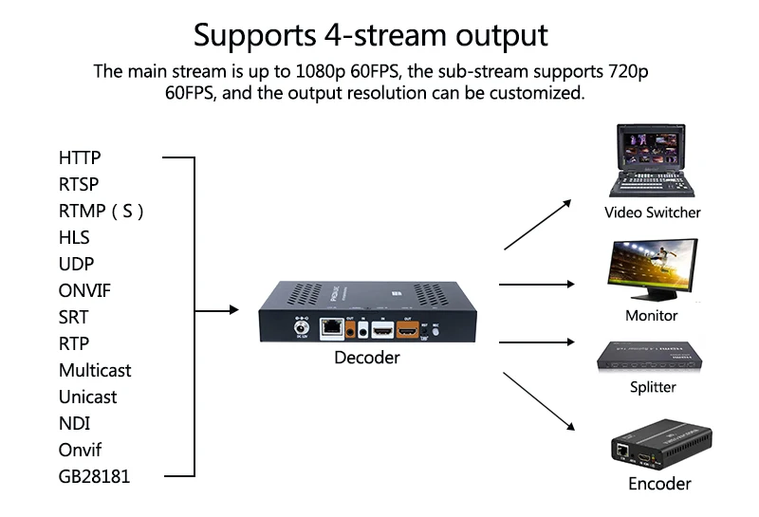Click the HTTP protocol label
tap(80, 157)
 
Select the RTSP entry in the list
tap(79, 184)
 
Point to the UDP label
tap(76, 264)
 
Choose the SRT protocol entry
tap(73, 317)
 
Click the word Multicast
tap(95, 370)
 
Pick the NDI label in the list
tap(74, 423)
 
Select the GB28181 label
tap(94, 476)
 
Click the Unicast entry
tap(87, 397)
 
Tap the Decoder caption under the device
tap(366, 358)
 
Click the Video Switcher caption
tap(653, 212)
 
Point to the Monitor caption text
tap(652, 315)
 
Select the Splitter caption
tap(653, 387)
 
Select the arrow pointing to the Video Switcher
tap(538, 225)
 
